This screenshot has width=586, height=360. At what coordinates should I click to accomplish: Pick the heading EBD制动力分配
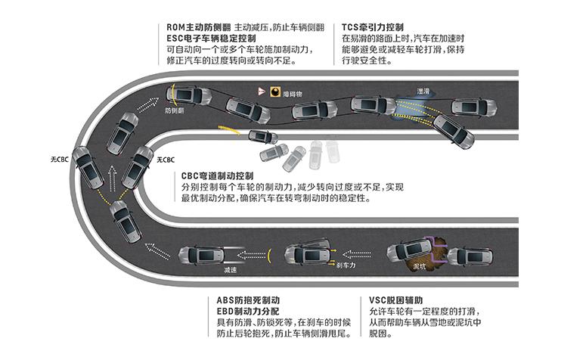point(242,312)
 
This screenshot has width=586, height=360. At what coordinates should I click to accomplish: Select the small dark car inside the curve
point(262,138)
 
